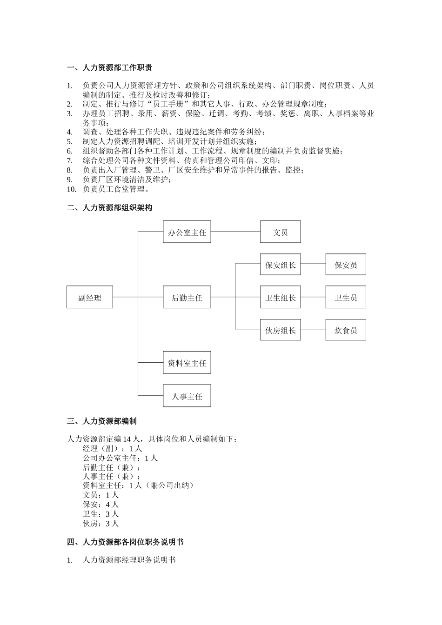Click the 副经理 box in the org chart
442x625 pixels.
(90, 297)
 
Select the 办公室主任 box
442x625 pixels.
(187, 232)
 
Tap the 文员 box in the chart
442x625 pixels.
(280, 232)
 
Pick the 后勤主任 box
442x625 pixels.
(187, 297)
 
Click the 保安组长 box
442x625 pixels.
(280, 265)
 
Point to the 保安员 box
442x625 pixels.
(346, 265)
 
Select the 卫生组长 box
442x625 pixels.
(280, 297)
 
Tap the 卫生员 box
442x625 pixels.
(346, 297)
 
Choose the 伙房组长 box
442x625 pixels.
(280, 330)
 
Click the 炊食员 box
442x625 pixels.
(346, 330)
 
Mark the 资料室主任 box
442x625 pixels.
(187, 363)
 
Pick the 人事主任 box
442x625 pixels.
(187, 396)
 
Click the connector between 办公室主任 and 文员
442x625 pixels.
(235, 232)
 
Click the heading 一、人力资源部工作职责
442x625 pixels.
(109, 68)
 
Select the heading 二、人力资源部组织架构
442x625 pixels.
(109, 208)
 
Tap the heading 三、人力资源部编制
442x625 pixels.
(102, 421)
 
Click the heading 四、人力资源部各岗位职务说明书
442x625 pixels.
(125, 542)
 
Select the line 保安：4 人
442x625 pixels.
(100, 505)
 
